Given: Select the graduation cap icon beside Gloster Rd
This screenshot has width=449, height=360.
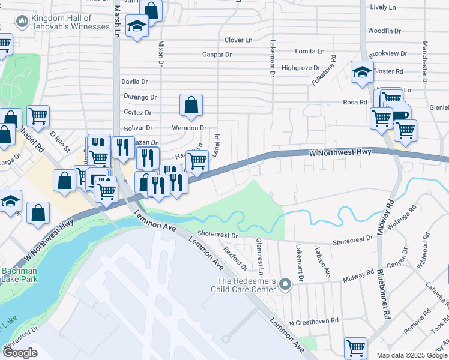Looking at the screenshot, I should click(x=363, y=73).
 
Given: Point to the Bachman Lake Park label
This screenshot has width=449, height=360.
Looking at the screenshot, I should click(x=19, y=275).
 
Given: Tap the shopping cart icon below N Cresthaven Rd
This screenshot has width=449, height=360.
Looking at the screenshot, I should click(x=355, y=347).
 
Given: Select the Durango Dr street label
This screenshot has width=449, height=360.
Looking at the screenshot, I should click(x=140, y=97).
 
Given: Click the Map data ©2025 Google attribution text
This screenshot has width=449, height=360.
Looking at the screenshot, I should click(x=412, y=355).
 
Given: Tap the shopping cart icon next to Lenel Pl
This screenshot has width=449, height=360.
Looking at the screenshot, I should click(x=197, y=160).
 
